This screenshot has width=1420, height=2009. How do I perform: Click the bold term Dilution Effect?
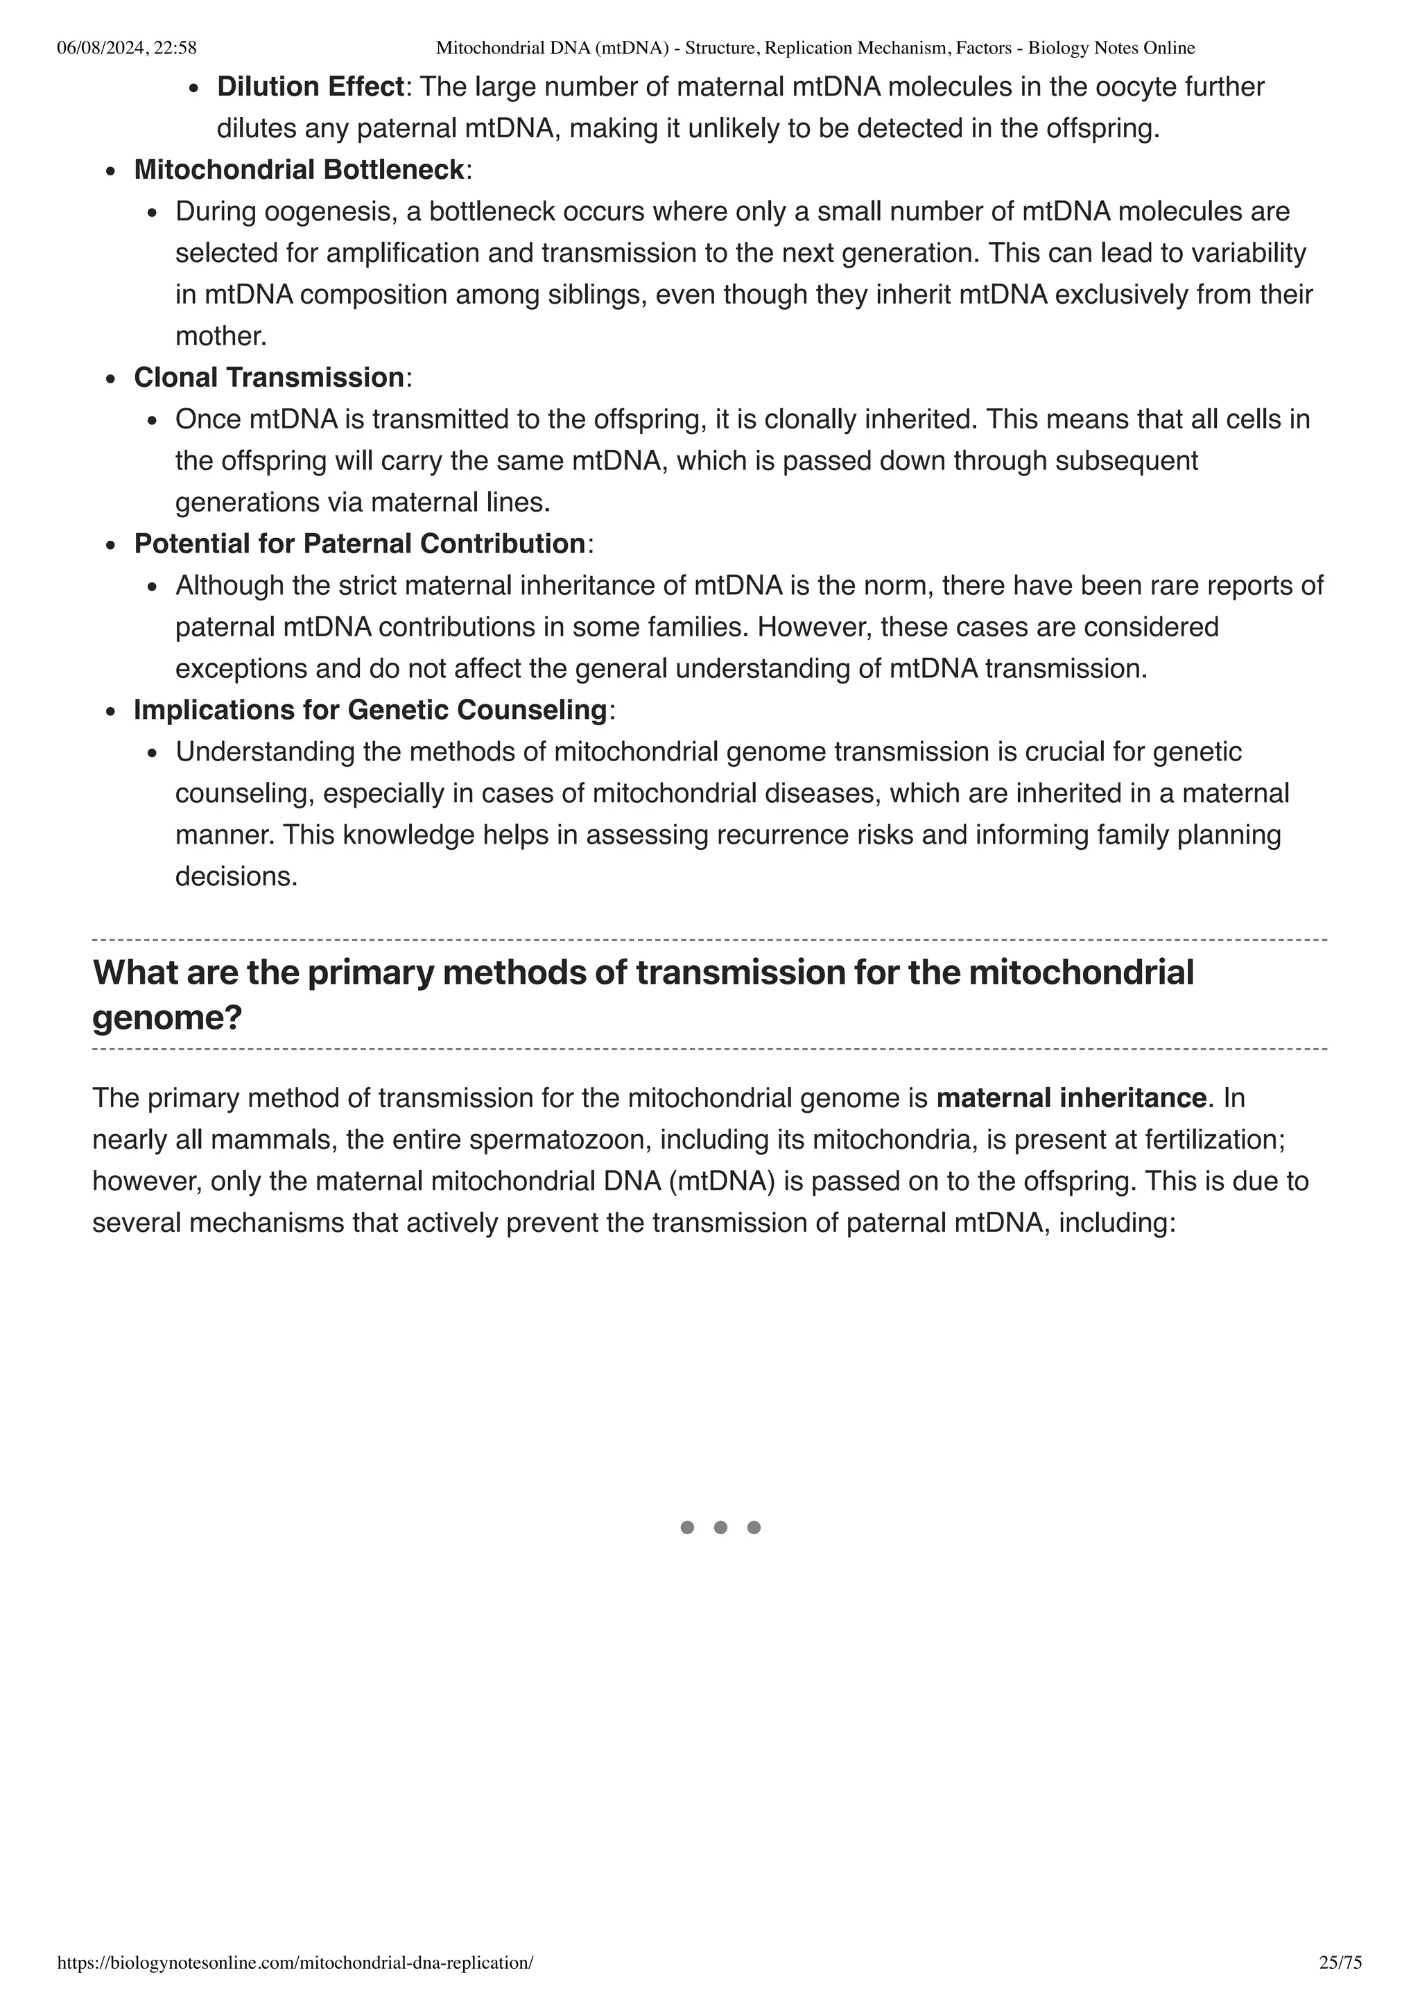pyautogui.click(x=311, y=87)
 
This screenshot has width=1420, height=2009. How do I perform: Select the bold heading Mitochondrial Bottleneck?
pyautogui.click(x=298, y=170)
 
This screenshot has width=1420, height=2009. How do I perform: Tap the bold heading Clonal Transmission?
pyautogui.click(x=268, y=378)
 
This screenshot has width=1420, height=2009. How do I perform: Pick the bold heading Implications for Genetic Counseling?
pyautogui.click(x=370, y=711)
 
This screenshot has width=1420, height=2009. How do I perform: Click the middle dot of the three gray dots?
pyautogui.click(x=720, y=1528)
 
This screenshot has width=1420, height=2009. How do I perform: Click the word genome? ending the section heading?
pyautogui.click(x=167, y=1018)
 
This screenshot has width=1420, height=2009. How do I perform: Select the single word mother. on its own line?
pyautogui.click(x=220, y=337)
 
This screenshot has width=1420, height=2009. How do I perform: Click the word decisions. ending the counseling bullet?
pyautogui.click(x=236, y=877)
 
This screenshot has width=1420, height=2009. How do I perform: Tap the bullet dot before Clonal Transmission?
pyautogui.click(x=110, y=380)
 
